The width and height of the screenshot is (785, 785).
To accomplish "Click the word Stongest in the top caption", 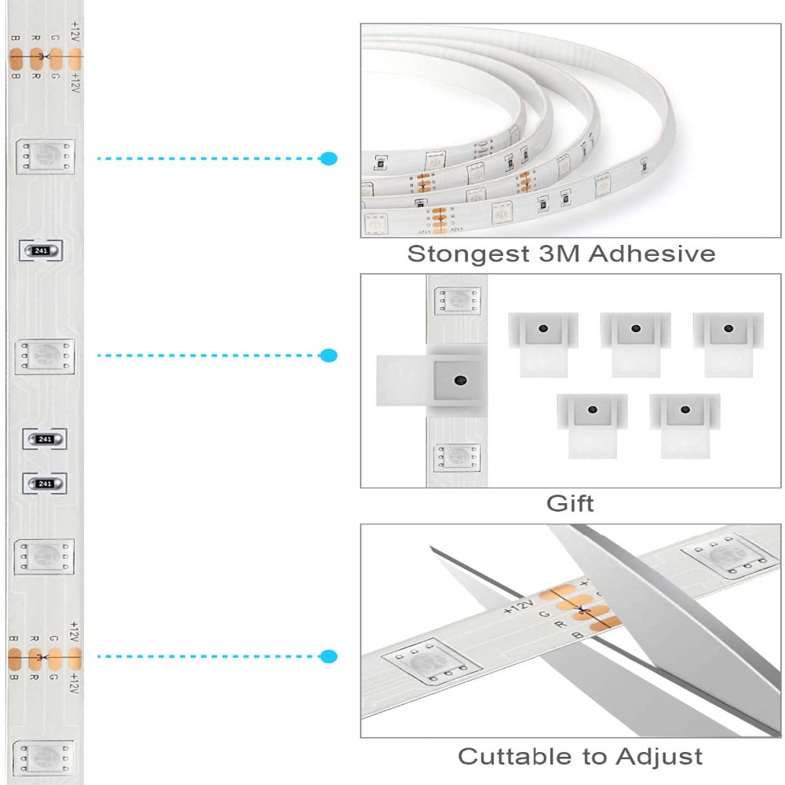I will (452, 254).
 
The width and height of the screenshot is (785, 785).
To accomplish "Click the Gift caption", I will (570, 503).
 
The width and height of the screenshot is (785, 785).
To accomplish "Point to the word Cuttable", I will (513, 757).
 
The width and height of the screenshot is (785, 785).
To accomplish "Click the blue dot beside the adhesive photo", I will (329, 159).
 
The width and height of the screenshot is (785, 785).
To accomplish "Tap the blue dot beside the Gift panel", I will (329, 356).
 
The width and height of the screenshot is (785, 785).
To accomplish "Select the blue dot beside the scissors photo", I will (329, 655).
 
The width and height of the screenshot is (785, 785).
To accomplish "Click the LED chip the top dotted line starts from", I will (46, 157).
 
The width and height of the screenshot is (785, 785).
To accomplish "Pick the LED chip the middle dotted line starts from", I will (45, 356).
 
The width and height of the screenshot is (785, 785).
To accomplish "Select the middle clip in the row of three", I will (635, 343).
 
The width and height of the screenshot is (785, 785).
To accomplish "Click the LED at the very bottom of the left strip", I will (44, 758).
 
